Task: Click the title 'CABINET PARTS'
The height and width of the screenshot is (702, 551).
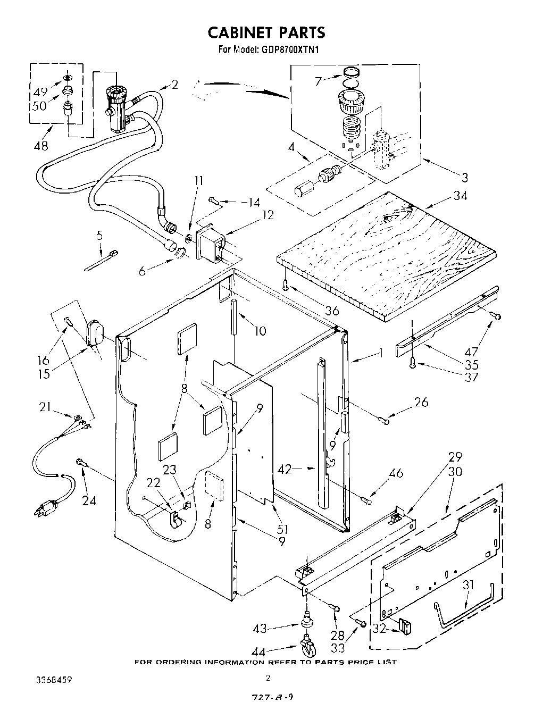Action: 265,33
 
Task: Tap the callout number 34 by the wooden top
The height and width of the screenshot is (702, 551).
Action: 460,196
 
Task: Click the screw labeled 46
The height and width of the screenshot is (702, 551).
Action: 365,499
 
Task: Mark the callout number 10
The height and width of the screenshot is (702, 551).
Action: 260,331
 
